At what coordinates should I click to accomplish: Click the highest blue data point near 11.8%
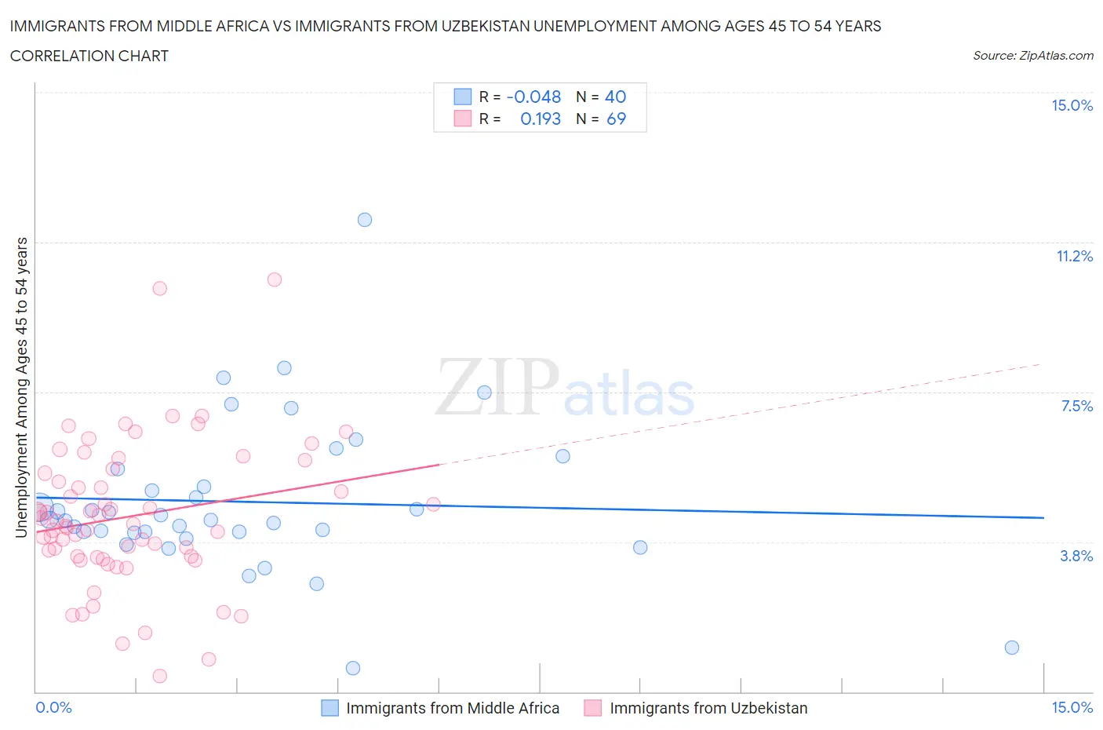pyautogui.click(x=365, y=220)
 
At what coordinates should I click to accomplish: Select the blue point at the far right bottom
pyautogui.click(x=1012, y=648)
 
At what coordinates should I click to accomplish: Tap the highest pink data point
pyautogui.click(x=275, y=279)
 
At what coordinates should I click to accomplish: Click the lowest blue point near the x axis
pyautogui.click(x=353, y=668)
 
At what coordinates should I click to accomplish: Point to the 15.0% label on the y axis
pyautogui.click(x=1072, y=106)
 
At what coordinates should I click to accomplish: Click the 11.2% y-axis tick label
pyautogui.click(x=1074, y=257)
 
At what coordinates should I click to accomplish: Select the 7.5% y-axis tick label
pyautogui.click(x=1076, y=406)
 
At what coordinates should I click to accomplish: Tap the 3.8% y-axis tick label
pyautogui.click(x=1076, y=556)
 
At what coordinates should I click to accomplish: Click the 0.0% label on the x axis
pyautogui.click(x=53, y=708)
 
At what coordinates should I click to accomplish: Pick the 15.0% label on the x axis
pyautogui.click(x=1072, y=708)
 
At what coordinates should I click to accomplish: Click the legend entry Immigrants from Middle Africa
pyautogui.click(x=453, y=708)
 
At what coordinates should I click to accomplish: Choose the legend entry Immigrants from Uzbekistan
pyautogui.click(x=708, y=708)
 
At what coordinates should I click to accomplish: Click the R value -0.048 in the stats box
pyautogui.click(x=533, y=97)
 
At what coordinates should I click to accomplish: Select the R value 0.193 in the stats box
pyautogui.click(x=541, y=119)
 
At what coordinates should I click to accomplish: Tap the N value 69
pyautogui.click(x=616, y=119)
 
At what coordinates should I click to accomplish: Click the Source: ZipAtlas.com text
pyautogui.click(x=1032, y=56)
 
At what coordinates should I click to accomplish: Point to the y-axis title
pyautogui.click(x=21, y=388)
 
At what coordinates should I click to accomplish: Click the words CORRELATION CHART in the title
pyautogui.click(x=89, y=56)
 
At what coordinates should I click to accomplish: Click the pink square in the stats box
pyautogui.click(x=463, y=119)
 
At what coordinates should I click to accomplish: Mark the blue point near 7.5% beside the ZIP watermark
pyautogui.click(x=484, y=392)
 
